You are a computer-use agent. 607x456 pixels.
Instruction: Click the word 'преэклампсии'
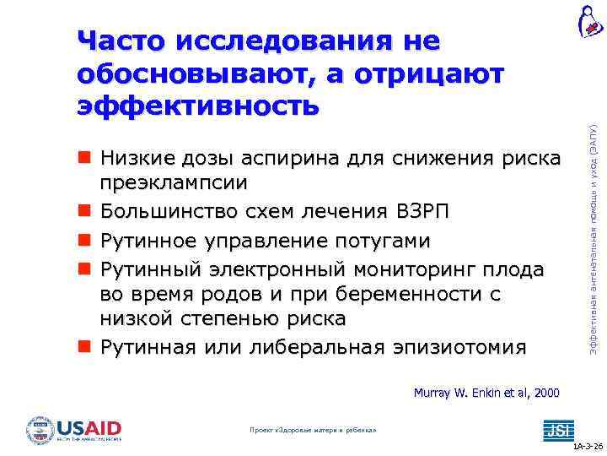174,183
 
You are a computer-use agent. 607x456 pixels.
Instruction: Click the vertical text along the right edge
594,229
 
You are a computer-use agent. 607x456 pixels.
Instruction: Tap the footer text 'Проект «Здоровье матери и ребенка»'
313,430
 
